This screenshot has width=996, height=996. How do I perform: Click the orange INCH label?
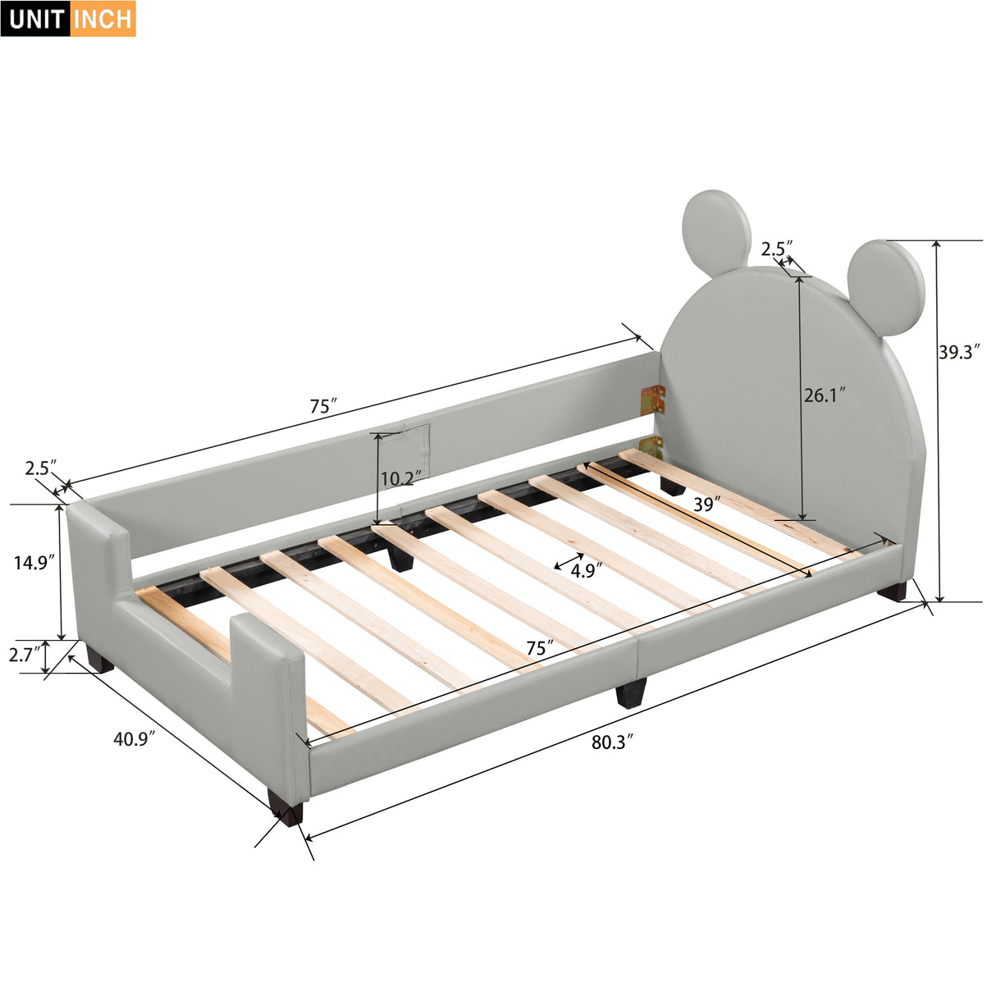point(103,19)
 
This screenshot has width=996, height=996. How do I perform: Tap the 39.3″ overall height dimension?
point(959,352)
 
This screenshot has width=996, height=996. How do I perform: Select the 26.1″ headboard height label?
point(824,395)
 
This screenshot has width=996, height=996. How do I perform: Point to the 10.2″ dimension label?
point(401,477)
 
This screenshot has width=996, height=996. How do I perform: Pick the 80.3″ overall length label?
point(613,742)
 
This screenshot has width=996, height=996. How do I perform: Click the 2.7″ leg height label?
point(23,655)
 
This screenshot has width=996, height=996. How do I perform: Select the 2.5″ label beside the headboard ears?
point(777,248)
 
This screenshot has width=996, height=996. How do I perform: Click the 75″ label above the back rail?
point(323,406)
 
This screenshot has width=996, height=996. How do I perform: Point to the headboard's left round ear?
point(716,232)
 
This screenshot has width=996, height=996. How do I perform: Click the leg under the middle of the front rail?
point(631,693)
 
